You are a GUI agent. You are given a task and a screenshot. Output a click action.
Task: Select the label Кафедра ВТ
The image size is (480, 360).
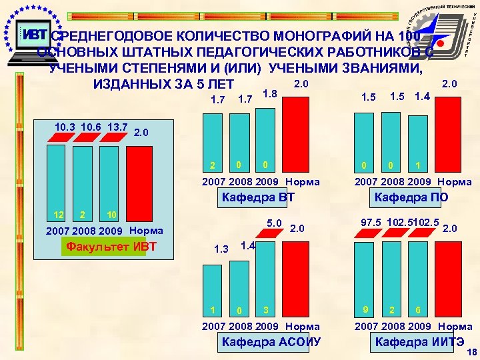tap(257, 197)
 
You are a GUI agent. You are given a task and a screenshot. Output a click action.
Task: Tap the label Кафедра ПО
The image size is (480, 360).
tap(411, 197)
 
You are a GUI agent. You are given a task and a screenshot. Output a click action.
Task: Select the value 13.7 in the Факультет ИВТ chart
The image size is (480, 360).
tap(117, 127)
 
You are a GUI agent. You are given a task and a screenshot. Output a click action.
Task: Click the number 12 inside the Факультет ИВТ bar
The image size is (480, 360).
tap(57, 215)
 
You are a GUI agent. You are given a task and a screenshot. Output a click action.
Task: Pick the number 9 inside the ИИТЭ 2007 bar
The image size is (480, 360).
tap(365, 309)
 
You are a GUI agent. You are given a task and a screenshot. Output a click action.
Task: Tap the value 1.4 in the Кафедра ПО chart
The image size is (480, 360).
tap(421, 97)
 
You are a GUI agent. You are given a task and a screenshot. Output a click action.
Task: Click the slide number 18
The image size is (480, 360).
tap(471, 352)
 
